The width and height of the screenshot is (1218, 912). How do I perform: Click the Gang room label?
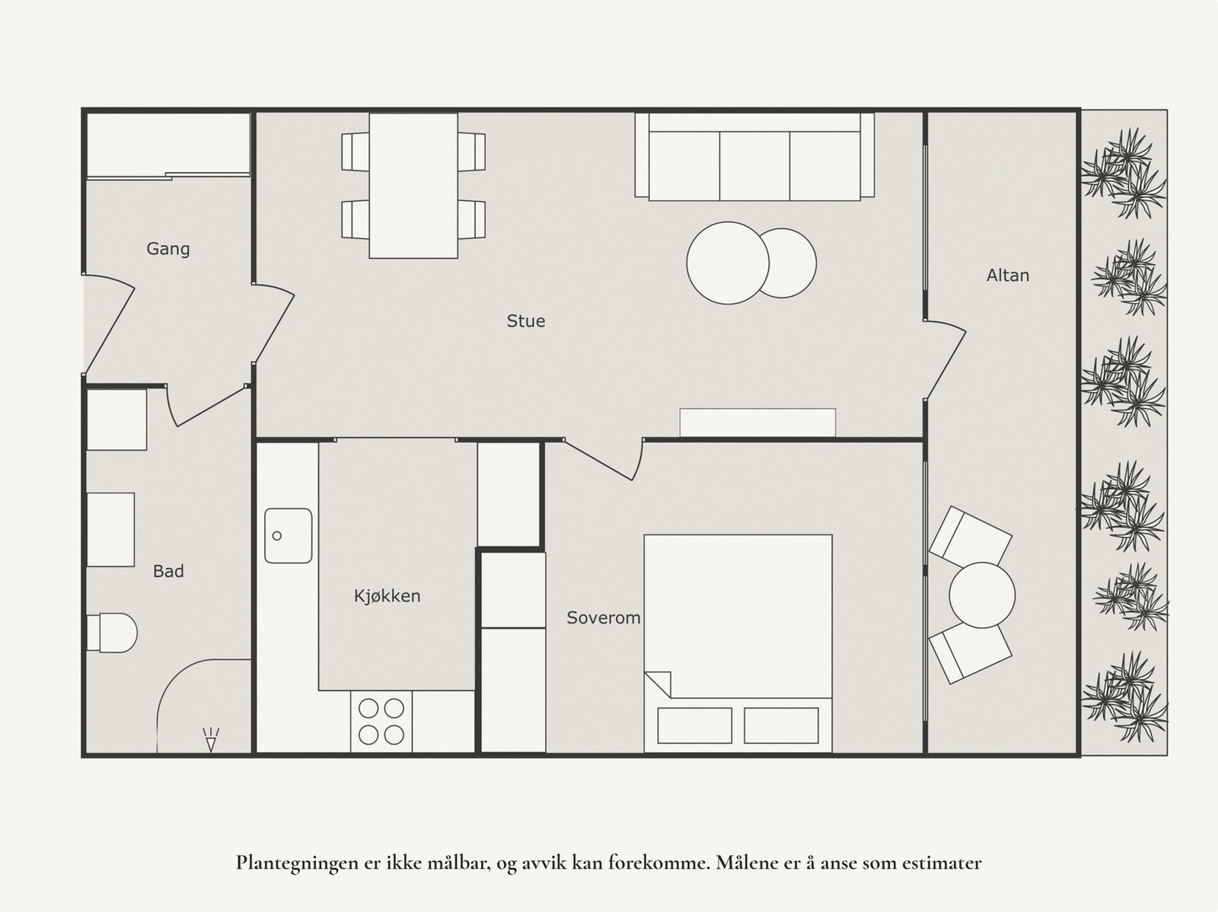pyautogui.click(x=168, y=249)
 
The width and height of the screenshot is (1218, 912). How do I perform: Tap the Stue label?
pyautogui.click(x=526, y=321)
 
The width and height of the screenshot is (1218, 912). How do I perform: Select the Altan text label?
pyautogui.click(x=1008, y=276)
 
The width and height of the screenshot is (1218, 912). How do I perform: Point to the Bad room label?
pyautogui.click(x=168, y=571)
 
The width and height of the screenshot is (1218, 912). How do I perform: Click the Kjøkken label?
pyautogui.click(x=387, y=596)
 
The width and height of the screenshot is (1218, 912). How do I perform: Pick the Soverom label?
pyautogui.click(x=603, y=618)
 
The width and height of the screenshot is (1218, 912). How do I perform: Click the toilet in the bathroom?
pyautogui.click(x=113, y=633)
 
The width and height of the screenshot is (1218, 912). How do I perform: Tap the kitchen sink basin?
pyautogui.click(x=289, y=536)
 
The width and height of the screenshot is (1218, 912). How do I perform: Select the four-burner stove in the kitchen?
pyautogui.click(x=381, y=722)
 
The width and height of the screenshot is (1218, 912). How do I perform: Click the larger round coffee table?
pyautogui.click(x=726, y=263)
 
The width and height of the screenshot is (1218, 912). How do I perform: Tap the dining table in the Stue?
pyautogui.click(x=413, y=185)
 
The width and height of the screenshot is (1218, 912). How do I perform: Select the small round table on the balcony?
pyautogui.click(x=982, y=595)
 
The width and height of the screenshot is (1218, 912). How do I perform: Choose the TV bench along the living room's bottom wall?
pyautogui.click(x=757, y=423)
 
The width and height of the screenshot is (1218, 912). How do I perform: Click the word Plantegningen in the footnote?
pyautogui.click(x=287, y=863)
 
